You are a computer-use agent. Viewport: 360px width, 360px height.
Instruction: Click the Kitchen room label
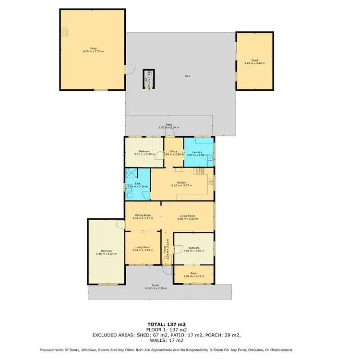181,182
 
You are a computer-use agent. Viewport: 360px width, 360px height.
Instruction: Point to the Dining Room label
143,215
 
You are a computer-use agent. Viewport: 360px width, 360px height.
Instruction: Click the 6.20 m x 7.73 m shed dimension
93,51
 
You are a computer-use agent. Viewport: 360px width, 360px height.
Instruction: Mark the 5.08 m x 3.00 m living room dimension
186,218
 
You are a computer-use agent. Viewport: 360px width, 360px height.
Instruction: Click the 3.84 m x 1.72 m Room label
193,276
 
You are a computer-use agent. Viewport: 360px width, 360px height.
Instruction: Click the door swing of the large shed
128,70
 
